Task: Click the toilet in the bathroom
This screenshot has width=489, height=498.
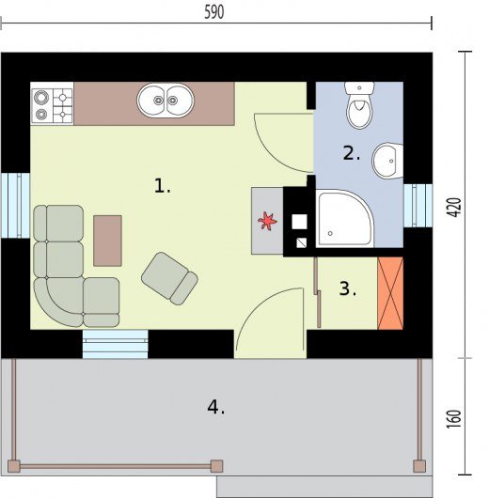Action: tap(359, 105)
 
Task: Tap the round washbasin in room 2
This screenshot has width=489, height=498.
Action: tap(387, 160)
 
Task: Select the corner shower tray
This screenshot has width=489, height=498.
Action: tap(345, 218)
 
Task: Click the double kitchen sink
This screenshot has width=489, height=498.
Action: tap(166, 101)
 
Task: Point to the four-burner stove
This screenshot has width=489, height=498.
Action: tap(52, 103)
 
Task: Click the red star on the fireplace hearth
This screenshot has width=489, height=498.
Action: tap(267, 221)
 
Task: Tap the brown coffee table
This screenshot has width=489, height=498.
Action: tap(108, 241)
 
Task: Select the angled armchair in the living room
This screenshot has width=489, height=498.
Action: tap(170, 278)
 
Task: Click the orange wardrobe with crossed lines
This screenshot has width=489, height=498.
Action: tap(390, 293)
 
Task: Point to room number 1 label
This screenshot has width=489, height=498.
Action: tap(162, 186)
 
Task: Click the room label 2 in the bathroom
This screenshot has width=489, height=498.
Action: tap(352, 153)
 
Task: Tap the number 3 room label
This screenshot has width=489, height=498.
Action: tap(348, 288)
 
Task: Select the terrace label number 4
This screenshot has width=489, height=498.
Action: tap(216, 407)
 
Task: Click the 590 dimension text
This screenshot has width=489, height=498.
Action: tap(214, 12)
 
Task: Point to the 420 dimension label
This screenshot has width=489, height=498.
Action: tap(455, 208)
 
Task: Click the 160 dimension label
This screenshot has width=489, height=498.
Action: tap(455, 419)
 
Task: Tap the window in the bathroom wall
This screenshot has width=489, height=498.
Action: tap(418, 206)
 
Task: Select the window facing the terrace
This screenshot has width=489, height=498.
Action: tap(115, 344)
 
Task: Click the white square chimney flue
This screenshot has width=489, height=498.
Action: tap(299, 222)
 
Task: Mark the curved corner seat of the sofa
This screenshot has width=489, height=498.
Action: tap(58, 302)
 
